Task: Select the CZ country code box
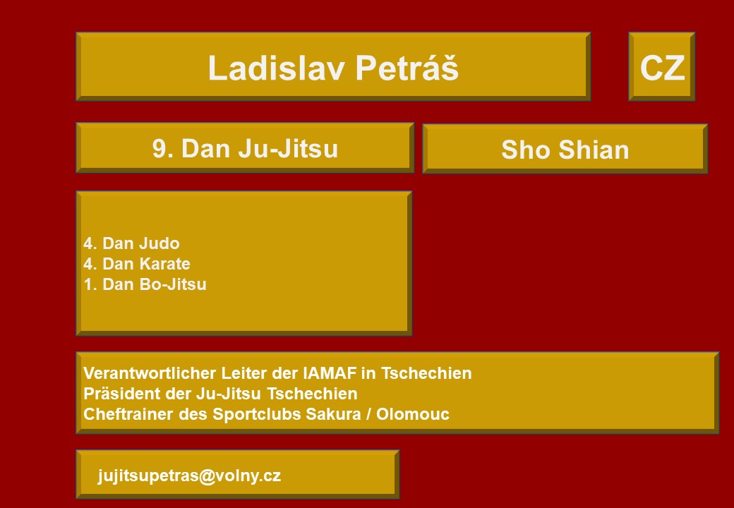tap(661, 66)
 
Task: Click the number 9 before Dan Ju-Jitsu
tap(159, 149)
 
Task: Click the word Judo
tap(161, 243)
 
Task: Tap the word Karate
tap(165, 264)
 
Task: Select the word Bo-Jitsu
tap(173, 284)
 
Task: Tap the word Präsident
tap(122, 394)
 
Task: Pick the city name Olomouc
tap(412, 414)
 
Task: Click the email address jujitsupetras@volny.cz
tap(189, 476)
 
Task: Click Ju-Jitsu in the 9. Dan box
tap(288, 149)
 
